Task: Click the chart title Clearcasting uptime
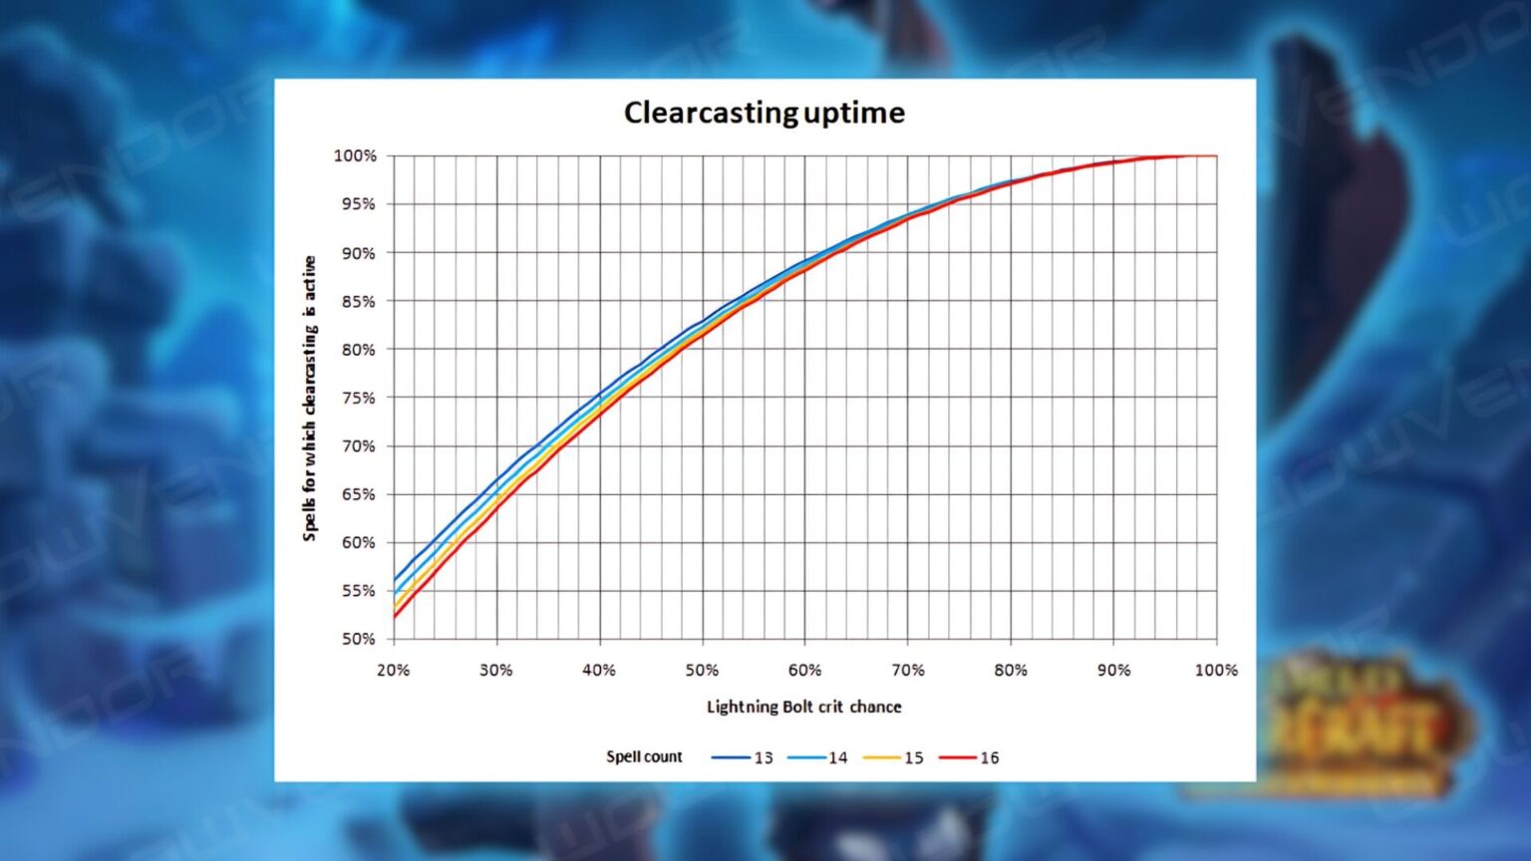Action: (x=764, y=113)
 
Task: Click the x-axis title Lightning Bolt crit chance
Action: (x=803, y=707)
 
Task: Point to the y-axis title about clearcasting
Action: (x=310, y=399)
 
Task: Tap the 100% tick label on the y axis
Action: (x=355, y=156)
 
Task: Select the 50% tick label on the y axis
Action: (x=358, y=639)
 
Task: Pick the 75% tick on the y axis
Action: (x=358, y=398)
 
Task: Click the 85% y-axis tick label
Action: (x=358, y=301)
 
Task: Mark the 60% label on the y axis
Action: (x=358, y=542)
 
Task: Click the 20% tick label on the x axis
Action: (x=393, y=670)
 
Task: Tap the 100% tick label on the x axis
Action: (x=1216, y=670)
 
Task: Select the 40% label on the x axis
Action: (x=599, y=670)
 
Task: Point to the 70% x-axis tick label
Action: (x=908, y=670)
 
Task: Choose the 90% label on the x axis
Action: (x=1113, y=670)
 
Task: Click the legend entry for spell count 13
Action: (x=744, y=757)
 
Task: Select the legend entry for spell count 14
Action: (x=818, y=757)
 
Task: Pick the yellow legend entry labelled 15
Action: (x=894, y=757)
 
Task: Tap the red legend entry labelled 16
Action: (x=970, y=757)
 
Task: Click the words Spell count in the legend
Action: (x=644, y=756)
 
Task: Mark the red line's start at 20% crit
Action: (x=395, y=617)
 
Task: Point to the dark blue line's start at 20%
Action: (x=395, y=580)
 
